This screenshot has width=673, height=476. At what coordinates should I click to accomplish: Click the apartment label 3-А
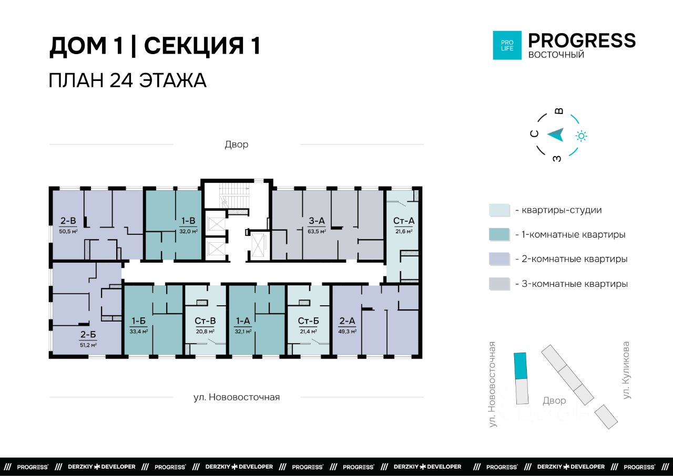[317, 221]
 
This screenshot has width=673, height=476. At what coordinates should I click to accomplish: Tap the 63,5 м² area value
[317, 231]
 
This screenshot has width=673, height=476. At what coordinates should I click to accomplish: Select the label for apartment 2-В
[68, 221]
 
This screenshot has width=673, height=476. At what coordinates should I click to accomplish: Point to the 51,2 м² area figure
[88, 345]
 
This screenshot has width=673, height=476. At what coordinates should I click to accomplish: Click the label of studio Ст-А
[403, 221]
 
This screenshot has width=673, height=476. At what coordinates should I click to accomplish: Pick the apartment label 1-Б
[138, 321]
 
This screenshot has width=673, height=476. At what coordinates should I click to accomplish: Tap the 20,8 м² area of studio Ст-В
[205, 332]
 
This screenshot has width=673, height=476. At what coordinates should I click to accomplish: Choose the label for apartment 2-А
[347, 321]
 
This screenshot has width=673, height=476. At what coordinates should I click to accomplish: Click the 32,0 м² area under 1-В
[188, 231]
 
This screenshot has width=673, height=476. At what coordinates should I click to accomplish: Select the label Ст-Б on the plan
[308, 321]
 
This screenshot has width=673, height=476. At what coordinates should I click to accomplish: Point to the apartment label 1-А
[243, 321]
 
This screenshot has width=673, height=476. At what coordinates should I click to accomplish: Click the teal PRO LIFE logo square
[507, 45]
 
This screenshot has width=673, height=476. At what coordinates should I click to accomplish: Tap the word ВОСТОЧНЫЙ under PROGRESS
[556, 55]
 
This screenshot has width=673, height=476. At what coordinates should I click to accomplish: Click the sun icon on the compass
[582, 136]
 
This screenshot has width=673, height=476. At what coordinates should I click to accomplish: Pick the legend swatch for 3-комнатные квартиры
[499, 284]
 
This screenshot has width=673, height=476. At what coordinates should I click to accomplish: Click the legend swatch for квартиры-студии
[499, 210]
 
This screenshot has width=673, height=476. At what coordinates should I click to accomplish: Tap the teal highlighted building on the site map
[520, 366]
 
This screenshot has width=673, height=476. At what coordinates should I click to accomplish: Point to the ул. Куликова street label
[626, 370]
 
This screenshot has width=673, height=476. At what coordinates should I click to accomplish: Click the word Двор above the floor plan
[237, 144]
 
